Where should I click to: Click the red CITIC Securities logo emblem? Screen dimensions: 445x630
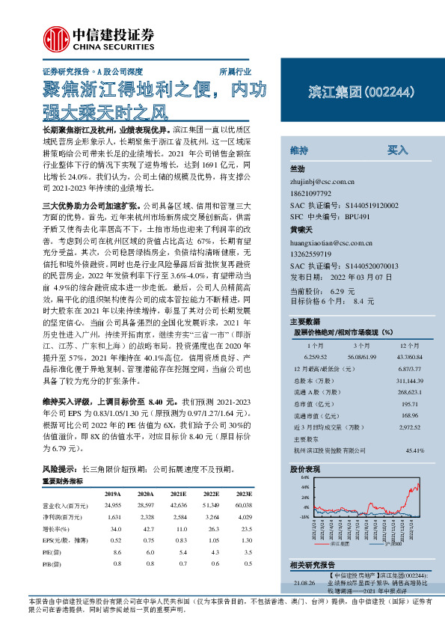point(54,37)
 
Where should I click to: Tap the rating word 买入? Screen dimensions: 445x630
point(396,150)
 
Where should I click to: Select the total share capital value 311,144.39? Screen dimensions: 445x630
point(408,382)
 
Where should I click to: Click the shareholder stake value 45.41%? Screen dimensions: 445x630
point(414,450)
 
